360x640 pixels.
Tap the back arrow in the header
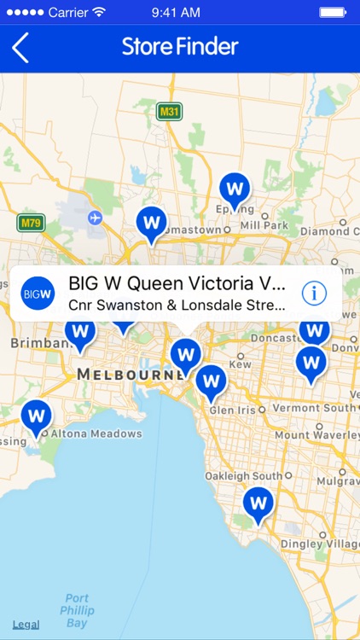pos(20,48)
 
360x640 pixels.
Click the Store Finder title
pos(180,46)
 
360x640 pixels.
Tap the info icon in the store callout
pos(314,294)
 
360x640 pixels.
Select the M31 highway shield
pos(170,110)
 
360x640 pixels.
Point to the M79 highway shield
pos(31,223)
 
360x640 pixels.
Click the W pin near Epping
pos(235,189)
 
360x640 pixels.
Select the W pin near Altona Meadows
pos(36,416)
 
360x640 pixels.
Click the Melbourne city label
pos(129,375)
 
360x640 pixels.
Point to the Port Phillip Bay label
pos(76,611)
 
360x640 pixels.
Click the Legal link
pos(26,625)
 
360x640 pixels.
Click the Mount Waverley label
pos(316,434)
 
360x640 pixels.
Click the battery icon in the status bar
pos(333,12)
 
